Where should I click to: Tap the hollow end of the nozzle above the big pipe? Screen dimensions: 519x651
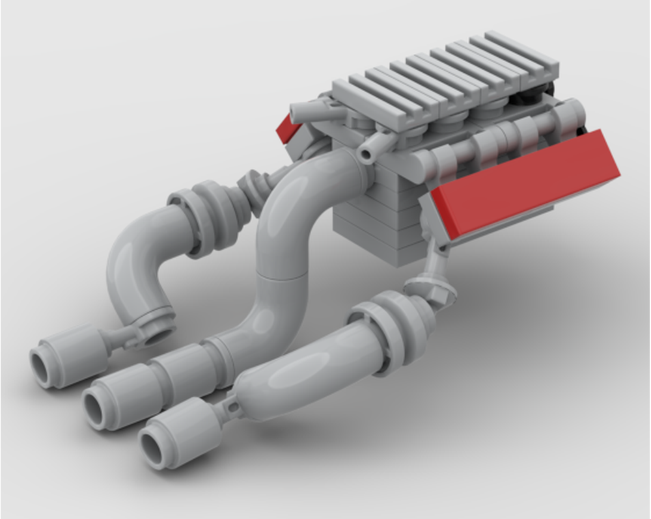tap(366, 154)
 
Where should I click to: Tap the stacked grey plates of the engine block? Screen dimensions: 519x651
tap(371, 221)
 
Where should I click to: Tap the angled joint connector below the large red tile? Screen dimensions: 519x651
tap(433, 286)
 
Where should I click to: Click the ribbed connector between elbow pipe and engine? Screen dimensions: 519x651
tap(251, 189)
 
